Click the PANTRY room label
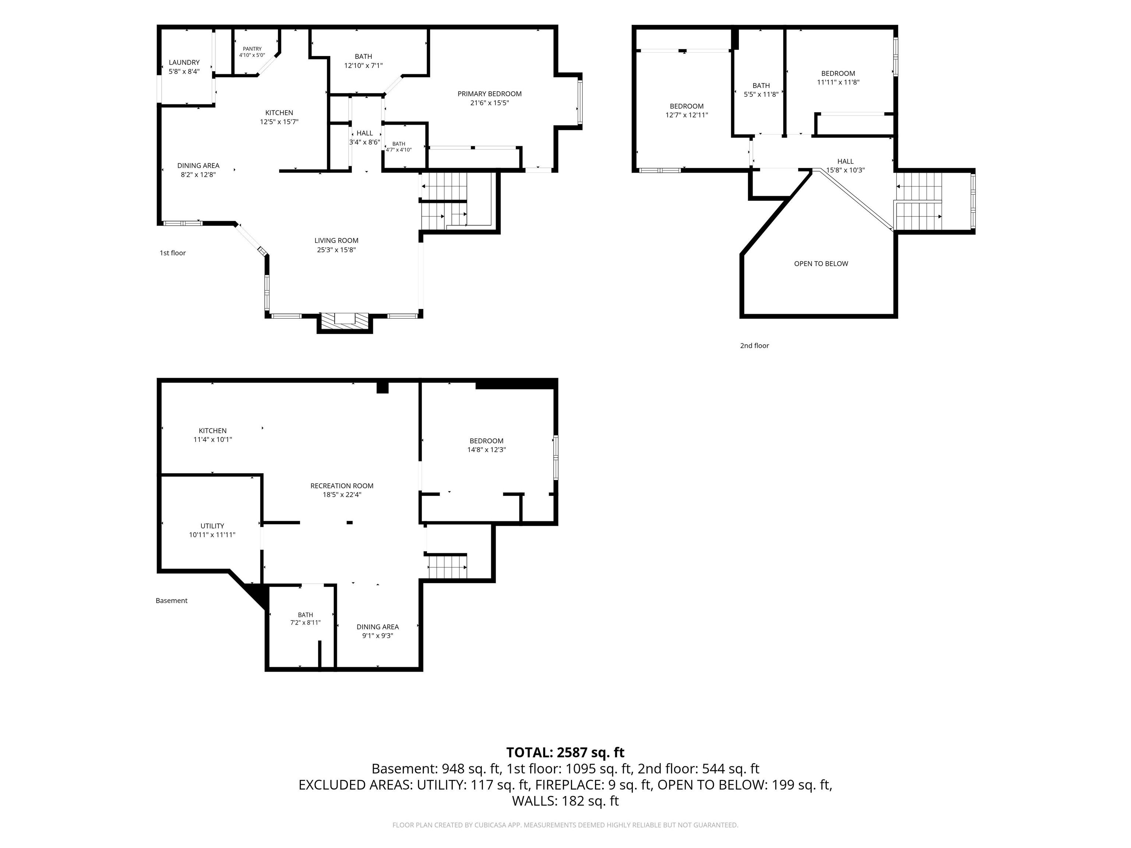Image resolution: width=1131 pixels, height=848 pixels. pos(252,49)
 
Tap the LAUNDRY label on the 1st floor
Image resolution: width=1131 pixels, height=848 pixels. pos(184,62)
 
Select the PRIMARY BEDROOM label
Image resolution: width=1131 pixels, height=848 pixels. pos(489,93)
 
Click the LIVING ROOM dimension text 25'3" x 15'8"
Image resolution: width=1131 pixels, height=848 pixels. pos(337,250)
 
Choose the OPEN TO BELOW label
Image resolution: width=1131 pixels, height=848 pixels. pos(821,264)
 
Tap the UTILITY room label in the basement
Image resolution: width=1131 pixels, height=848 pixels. pos(212,526)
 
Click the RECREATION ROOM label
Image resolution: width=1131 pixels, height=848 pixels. pos(342,485)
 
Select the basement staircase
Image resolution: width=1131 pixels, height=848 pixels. pos(447,566)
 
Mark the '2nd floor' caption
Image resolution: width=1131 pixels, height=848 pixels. pos(754,346)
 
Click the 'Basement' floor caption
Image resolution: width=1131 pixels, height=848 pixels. pos(171,601)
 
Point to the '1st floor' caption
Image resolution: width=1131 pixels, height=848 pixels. pos(173,253)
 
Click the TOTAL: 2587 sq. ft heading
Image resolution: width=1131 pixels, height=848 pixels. pos(565,752)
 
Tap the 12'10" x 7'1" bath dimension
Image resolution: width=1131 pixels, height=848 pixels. pos(363,66)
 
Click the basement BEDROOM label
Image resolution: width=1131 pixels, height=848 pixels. pos(486,441)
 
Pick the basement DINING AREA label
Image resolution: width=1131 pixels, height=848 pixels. pos(377,627)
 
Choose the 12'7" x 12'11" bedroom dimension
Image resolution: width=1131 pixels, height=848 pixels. pos(687,115)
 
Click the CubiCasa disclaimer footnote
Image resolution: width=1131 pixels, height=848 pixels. pos(565,825)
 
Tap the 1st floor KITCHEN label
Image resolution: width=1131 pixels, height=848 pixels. pos(279,113)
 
